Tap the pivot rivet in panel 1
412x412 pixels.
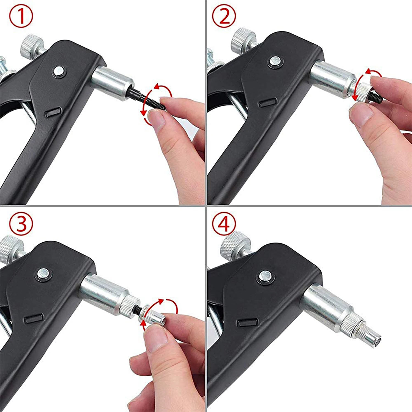pos(58,71)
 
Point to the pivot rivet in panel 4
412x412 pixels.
pos(265,276)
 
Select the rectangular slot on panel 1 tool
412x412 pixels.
pos(53,113)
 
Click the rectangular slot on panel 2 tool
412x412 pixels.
pos(267,103)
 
